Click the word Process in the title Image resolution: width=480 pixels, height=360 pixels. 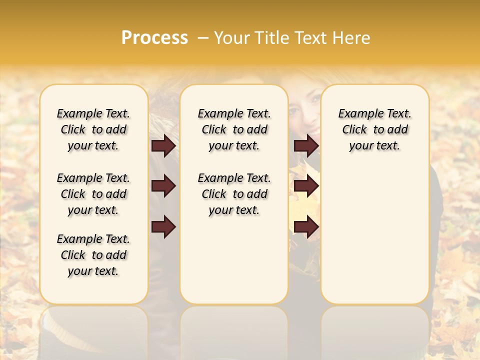point(154,37)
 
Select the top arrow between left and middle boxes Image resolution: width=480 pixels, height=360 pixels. point(163,145)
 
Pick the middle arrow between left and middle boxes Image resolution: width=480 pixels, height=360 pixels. point(163,186)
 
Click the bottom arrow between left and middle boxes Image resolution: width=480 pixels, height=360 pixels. point(163,226)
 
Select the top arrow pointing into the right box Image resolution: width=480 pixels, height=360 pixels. point(306,145)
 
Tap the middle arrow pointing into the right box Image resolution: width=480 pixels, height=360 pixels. point(306,186)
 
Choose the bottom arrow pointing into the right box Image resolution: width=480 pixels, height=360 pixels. point(306,226)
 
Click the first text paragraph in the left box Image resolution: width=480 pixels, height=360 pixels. point(93,129)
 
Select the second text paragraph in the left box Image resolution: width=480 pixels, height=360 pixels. point(93,194)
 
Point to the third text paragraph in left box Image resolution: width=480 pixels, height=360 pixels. point(93,255)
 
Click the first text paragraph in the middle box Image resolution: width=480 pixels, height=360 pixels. point(234,129)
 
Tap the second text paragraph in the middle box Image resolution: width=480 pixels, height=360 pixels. point(234,194)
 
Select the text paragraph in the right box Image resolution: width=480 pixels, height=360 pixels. point(374,129)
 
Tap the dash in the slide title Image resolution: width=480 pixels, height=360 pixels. point(202,37)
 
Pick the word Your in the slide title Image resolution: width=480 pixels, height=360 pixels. point(232,37)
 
